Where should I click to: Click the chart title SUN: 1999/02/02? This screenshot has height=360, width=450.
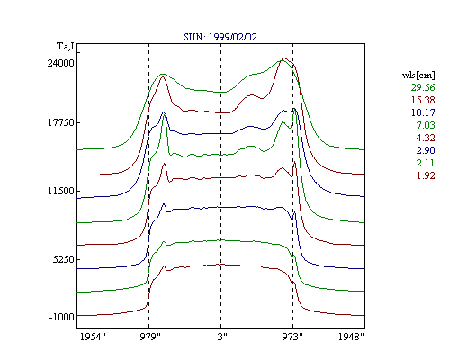(x=220, y=37)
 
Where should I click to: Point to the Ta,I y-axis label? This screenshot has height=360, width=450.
(x=66, y=47)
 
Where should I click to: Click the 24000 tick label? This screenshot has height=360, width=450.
(x=60, y=63)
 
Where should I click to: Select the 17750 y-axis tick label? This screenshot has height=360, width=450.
(x=60, y=122)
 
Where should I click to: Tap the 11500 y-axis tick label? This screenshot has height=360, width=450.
(x=60, y=191)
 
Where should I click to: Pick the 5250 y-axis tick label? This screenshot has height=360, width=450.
(x=63, y=259)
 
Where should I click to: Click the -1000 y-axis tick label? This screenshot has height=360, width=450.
(x=61, y=317)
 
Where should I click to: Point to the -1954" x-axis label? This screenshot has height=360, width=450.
(x=91, y=337)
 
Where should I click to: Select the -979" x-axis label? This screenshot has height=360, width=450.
(x=148, y=337)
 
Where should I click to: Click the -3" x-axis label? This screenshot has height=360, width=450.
(x=220, y=337)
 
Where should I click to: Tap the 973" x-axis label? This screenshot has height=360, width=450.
(x=292, y=337)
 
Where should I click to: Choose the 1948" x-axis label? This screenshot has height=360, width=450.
(x=351, y=337)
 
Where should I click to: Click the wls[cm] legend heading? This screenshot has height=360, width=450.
(x=418, y=75)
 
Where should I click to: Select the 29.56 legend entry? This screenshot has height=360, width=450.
(x=423, y=87)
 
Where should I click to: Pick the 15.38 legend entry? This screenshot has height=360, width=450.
(x=423, y=100)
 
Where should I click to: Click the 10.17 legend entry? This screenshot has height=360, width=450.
(x=423, y=112)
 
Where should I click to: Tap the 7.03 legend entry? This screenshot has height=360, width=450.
(x=426, y=125)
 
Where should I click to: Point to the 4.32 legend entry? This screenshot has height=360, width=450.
(x=426, y=138)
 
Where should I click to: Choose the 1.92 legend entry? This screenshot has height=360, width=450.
(x=426, y=175)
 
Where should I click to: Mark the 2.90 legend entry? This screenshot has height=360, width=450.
(x=426, y=150)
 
